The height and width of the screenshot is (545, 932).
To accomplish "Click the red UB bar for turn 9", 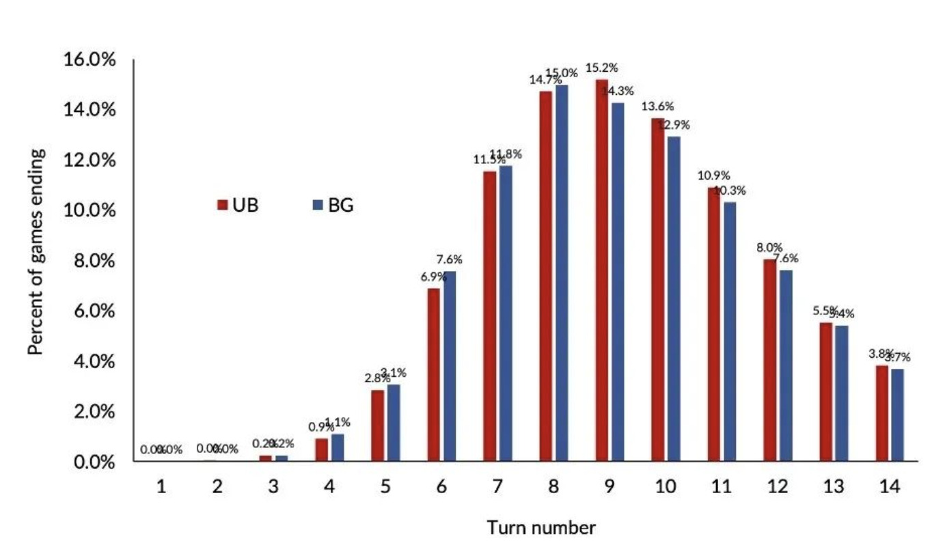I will (x=601, y=270).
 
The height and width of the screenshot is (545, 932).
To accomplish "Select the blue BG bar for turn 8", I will (x=562, y=272).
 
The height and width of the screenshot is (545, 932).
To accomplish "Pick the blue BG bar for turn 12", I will (x=786, y=365).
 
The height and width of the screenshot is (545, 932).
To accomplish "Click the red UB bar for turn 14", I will (x=882, y=413).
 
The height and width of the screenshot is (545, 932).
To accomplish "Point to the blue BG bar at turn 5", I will (x=394, y=423).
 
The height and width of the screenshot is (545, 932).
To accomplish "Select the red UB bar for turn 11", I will (x=714, y=324).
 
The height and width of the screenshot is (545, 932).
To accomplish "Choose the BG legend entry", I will (x=333, y=205).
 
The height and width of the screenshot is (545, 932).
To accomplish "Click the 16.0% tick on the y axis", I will (x=90, y=60).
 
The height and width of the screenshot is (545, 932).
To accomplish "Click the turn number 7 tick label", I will (x=497, y=487).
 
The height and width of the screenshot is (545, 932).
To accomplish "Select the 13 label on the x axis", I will (x=833, y=487).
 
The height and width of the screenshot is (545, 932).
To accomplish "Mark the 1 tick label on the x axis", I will (x=161, y=487).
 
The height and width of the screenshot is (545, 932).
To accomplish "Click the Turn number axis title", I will (x=540, y=528).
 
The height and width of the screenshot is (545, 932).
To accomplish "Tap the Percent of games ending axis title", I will (x=37, y=252).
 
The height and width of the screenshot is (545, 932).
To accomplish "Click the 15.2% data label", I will (x=601, y=68).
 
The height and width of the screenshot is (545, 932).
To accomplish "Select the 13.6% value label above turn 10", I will (x=657, y=107).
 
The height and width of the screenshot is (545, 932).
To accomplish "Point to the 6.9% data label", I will (x=430, y=277).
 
